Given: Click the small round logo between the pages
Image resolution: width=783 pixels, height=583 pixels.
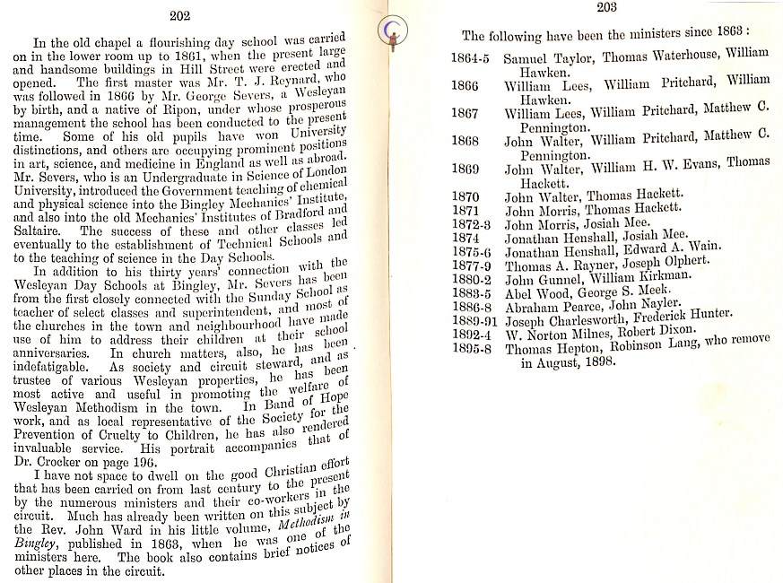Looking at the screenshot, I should (x=390, y=32).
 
